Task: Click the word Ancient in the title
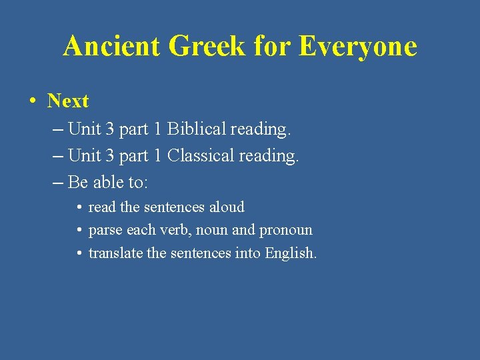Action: [x=111, y=46]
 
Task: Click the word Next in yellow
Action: [x=68, y=101]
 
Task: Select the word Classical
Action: [x=201, y=155]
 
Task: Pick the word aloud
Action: [x=227, y=207]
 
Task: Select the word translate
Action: [x=113, y=253]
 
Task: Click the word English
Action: [x=290, y=253]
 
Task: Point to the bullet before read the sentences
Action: [x=79, y=207]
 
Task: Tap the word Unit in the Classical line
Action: [x=84, y=155]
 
